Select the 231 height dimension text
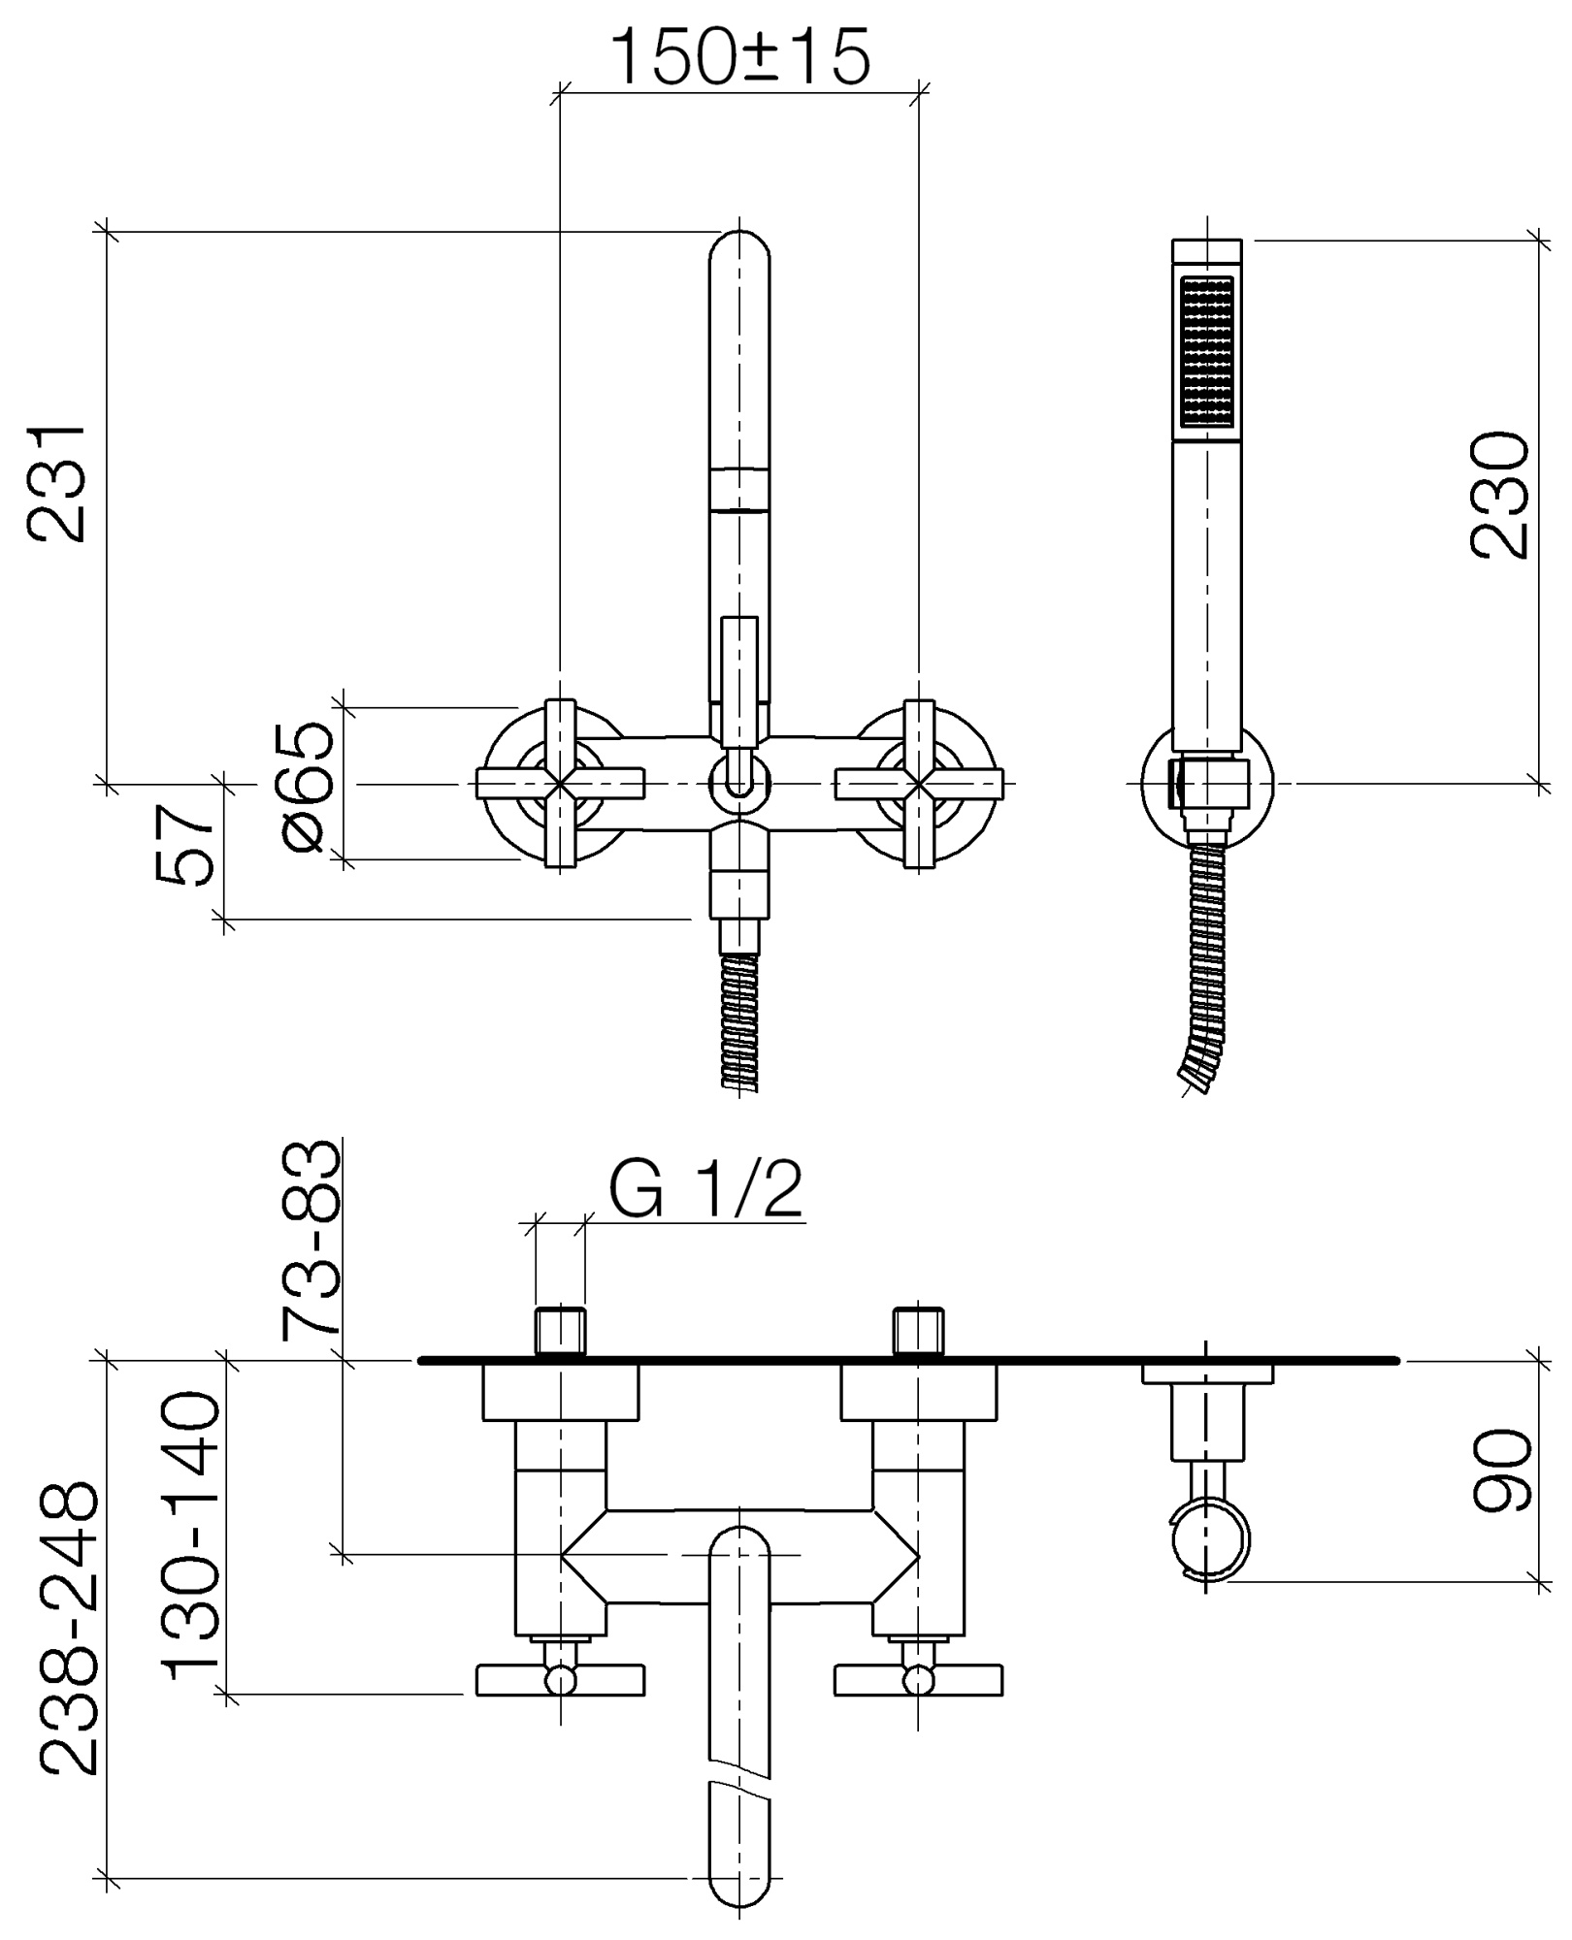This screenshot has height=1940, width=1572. pyautogui.click(x=57, y=482)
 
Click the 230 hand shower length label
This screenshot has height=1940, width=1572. pyautogui.click(x=1499, y=496)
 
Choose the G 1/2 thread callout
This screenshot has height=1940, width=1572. pyautogui.click(x=706, y=1190)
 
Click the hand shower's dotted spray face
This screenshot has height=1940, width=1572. pyautogui.click(x=1206, y=350)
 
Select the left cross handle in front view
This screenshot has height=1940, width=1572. pyautogui.click(x=561, y=782)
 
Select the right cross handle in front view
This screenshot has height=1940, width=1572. pyautogui.click(x=919, y=782)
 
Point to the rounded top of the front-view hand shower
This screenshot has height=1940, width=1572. pyautogui.click(x=739, y=254)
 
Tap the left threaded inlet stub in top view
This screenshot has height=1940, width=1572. pyautogui.click(x=561, y=1330)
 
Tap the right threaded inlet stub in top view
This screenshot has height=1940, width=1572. pyautogui.click(x=919, y=1330)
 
